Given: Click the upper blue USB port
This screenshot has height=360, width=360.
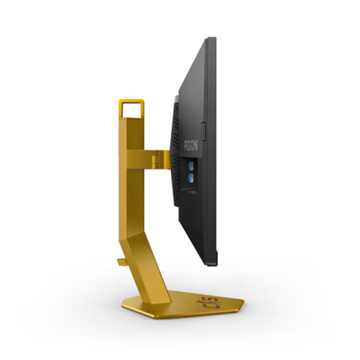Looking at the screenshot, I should click(190, 166).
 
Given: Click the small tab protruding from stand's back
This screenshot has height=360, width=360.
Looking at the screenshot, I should click(121, 261).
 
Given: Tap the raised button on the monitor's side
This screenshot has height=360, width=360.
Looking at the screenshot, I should click(203, 131).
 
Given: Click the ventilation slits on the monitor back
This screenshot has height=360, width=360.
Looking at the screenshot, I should click(175, 151).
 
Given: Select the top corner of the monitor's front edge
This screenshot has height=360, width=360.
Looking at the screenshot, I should click(212, 39).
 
